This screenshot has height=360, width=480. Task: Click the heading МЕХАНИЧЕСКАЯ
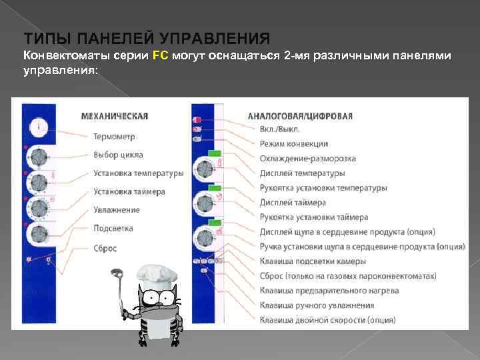pos(114,116)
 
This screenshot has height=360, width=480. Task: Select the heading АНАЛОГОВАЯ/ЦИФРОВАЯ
pos(300,116)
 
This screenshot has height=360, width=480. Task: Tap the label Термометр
pos(114,137)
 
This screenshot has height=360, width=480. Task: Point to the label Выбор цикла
pos(119,155)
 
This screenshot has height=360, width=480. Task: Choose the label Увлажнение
pos(117,210)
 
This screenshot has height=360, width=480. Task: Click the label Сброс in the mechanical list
pos(105,248)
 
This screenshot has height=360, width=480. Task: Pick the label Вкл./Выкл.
pos(279,129)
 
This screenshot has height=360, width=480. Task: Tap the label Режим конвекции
pos(293,143)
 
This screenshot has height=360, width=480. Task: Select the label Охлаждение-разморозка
pos(307,159)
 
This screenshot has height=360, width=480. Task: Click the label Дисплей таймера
pos(293,203)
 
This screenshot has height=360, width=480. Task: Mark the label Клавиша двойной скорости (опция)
pos(327,320)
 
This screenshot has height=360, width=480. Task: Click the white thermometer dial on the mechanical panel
pos(40,125)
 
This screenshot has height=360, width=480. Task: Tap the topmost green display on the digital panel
pos(214,154)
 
